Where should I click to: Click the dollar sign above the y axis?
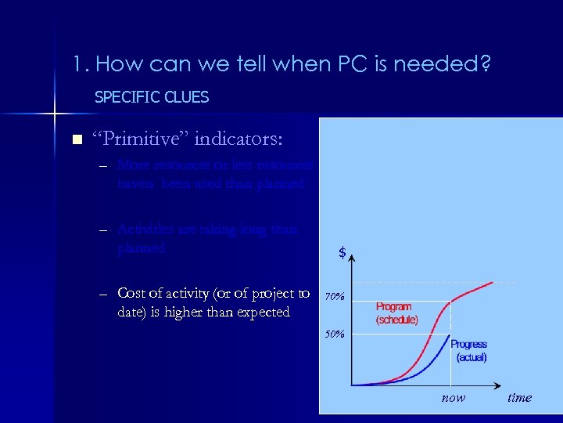342,253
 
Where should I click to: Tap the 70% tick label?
335,297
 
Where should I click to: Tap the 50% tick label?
335,334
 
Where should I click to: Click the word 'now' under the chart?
453,398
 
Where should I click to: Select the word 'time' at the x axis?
519,398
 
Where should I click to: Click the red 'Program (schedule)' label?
397,313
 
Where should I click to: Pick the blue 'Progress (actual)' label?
469,350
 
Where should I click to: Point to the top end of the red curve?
493,282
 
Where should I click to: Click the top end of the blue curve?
450,335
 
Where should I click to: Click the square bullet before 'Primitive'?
76,140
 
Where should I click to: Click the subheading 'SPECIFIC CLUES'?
152,97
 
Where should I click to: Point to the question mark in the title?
486,63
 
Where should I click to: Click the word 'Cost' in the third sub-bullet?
131,293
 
